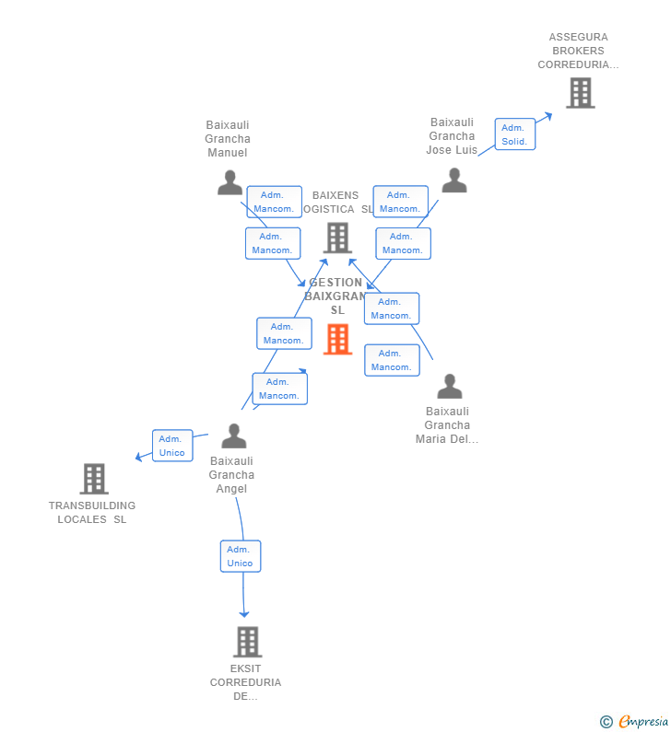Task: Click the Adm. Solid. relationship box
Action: (514, 134)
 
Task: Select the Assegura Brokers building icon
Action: (580, 93)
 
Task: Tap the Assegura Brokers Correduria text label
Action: (578, 52)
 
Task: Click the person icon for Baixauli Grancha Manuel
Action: (230, 182)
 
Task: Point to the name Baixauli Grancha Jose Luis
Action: (452, 136)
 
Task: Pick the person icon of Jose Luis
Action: (454, 180)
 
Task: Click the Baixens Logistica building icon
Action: (338, 238)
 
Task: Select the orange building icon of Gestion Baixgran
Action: (338, 339)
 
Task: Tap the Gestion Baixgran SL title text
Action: (336, 296)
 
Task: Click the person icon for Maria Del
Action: (449, 386)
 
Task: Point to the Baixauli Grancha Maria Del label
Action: (447, 425)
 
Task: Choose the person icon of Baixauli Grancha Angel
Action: (234, 436)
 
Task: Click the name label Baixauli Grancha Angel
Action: (232, 475)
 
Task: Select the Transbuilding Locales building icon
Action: (94, 479)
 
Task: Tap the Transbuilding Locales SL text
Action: (92, 513)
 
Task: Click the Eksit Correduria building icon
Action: (247, 642)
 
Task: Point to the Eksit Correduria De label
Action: (245, 682)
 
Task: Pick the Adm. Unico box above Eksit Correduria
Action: (241, 556)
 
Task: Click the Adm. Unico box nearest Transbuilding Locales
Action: (172, 446)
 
